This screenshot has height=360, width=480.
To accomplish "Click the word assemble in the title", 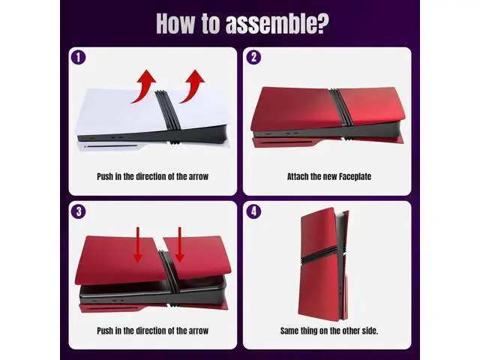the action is [277, 23].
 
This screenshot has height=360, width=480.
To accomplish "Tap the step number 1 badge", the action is [78, 57].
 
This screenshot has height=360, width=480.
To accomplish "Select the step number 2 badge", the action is [253, 57].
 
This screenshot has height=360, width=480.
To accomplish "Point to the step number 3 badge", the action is [78, 211].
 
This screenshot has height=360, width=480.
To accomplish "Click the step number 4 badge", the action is [253, 211].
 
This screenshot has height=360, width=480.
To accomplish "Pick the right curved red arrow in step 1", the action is [193, 86].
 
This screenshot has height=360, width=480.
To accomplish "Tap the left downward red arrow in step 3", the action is [138, 244].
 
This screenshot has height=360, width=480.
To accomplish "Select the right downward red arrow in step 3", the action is [180, 244].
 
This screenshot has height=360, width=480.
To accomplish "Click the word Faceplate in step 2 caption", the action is [355, 177].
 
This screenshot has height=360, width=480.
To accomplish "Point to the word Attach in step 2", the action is [297, 177].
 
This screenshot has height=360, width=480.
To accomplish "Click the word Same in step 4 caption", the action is [289, 331].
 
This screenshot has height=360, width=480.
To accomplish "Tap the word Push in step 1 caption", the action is [105, 177].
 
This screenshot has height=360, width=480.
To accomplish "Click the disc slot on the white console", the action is [111, 146].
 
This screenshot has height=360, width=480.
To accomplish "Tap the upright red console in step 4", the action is [324, 265].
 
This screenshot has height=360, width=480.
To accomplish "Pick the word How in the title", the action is [175, 23].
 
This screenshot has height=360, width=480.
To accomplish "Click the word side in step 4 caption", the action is [370, 331].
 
